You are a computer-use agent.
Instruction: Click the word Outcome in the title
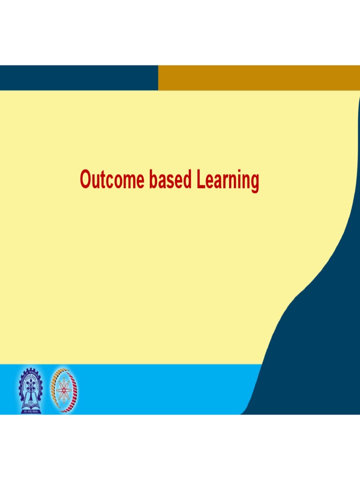click(x=112, y=180)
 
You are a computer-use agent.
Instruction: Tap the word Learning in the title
click(x=228, y=181)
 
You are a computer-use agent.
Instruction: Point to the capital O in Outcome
click(x=85, y=180)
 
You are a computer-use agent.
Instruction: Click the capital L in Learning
click(x=201, y=180)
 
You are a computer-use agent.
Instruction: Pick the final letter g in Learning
click(x=254, y=183)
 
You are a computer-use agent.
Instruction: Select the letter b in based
click(x=153, y=180)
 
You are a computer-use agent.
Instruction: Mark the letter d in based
click(x=187, y=180)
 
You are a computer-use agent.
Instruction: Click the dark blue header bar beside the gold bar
click(x=79, y=78)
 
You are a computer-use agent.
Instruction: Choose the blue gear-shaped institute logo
click(x=30, y=389)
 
